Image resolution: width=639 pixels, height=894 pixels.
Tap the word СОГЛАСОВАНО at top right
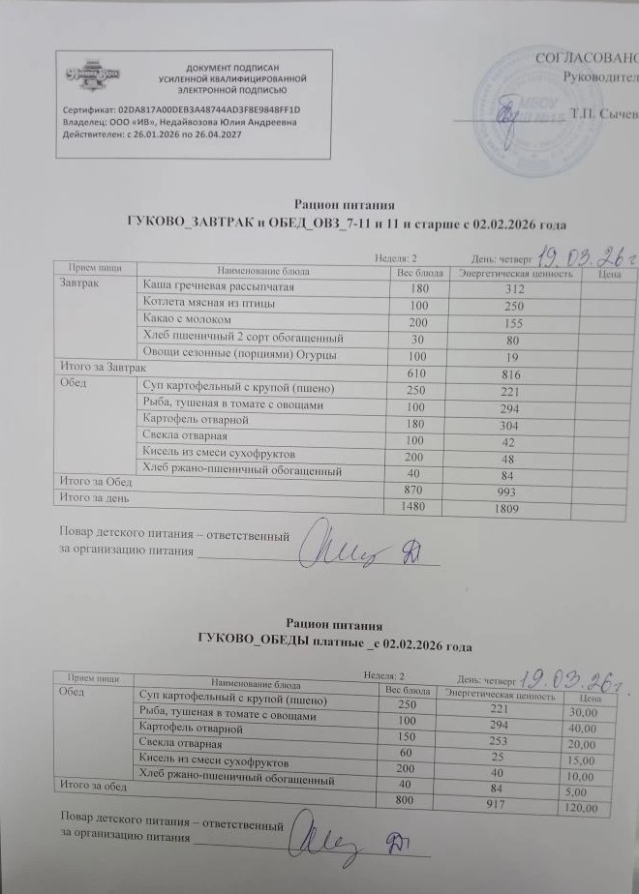point(587,58)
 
